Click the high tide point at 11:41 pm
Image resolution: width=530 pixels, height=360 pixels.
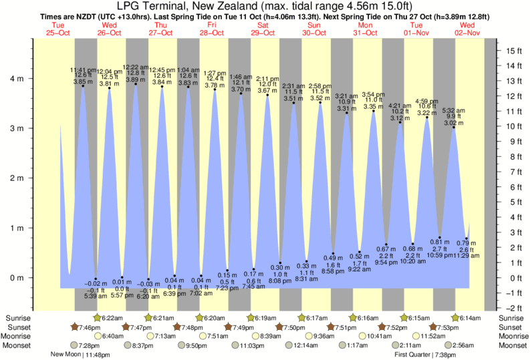[x=84, y=85]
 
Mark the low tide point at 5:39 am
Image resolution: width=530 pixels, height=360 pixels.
[x=96, y=279]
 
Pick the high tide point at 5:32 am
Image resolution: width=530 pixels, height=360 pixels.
[x=454, y=127]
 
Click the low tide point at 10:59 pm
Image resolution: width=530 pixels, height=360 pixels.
[x=440, y=237]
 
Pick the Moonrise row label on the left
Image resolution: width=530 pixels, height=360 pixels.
[x=19, y=337]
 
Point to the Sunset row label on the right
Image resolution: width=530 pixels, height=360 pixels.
[x=511, y=327]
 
